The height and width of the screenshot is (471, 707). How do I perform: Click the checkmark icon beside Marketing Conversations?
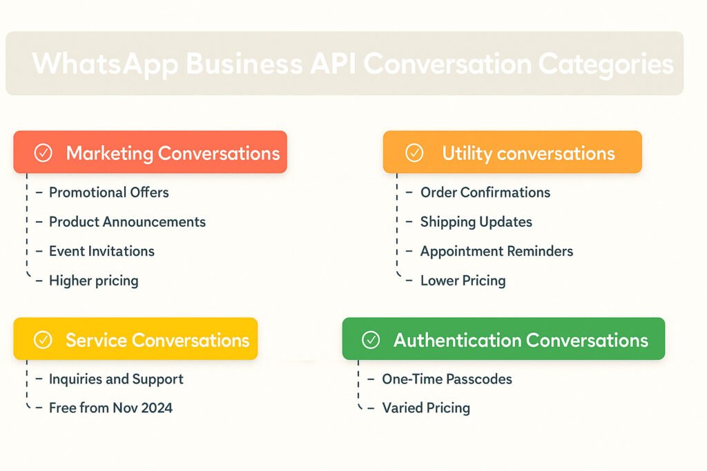click(43, 153)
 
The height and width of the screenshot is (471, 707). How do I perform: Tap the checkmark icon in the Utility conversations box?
click(414, 153)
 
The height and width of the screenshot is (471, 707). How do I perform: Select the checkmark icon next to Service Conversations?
click(43, 340)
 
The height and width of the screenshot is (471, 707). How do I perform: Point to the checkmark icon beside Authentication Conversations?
click(371, 340)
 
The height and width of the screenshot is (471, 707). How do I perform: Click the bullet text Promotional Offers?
click(108, 192)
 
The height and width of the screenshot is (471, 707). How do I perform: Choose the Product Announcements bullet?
click(127, 221)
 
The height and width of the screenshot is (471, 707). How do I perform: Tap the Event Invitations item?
click(101, 251)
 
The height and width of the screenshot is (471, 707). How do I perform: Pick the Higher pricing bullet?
click(93, 281)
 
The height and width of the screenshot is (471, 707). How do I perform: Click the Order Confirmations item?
click(485, 192)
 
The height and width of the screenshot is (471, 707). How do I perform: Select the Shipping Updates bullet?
click(476, 222)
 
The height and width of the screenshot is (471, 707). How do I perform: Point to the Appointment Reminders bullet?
click(496, 251)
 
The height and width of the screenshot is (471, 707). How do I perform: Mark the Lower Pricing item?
click(463, 281)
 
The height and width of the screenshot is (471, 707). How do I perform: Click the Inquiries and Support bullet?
click(116, 379)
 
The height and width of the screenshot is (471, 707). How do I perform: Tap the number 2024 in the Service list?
click(157, 408)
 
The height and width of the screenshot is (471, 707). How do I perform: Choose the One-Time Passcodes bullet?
click(447, 379)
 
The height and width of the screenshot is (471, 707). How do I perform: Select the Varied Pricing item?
click(425, 408)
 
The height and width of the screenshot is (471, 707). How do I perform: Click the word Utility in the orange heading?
click(467, 154)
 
